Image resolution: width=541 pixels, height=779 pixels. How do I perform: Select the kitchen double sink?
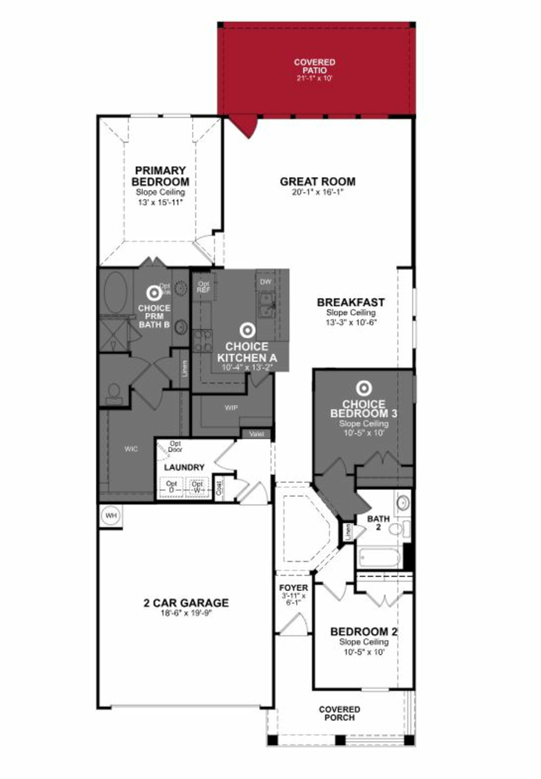tap(267, 305)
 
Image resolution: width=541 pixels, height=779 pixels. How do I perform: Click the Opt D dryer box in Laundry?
tap(171, 487)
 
